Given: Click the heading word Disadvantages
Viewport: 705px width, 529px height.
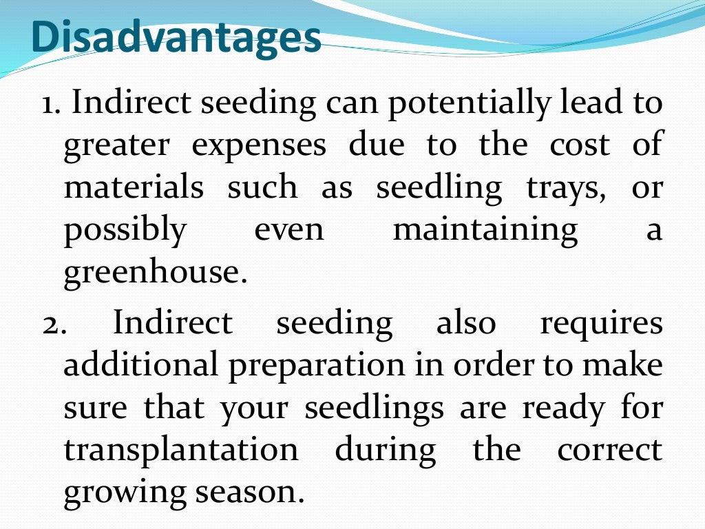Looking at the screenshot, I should pos(177,38).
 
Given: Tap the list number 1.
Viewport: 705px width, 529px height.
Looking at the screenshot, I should pos(50,104).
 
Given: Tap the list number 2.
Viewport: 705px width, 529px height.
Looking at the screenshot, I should pos(52,324).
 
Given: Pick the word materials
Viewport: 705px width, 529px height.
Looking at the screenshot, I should pos(134,188).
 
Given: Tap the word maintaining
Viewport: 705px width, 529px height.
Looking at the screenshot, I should pos(485,229).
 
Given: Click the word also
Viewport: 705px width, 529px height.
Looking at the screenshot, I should pos(466,323).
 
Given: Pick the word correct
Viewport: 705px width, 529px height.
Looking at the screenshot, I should pos(609,450).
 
